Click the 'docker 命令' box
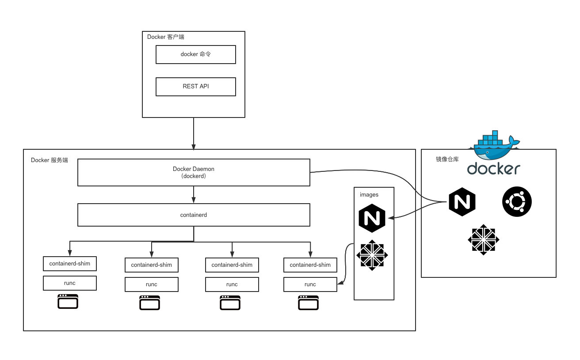click(195, 54)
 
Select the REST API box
click(195, 87)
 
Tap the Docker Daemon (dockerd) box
click(194, 172)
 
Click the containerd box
click(194, 215)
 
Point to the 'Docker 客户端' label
click(166, 37)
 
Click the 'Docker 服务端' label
click(50, 160)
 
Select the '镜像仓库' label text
click(447, 159)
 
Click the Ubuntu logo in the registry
click(517, 202)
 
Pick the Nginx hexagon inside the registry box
click(462, 202)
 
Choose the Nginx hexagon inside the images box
click(372, 218)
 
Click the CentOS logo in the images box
click(372, 255)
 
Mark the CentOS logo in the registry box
click(483, 240)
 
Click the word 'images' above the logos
click(369, 194)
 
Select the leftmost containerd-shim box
click(70, 264)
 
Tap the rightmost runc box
click(310, 284)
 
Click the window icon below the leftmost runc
click(68, 301)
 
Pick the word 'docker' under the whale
click(493, 169)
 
